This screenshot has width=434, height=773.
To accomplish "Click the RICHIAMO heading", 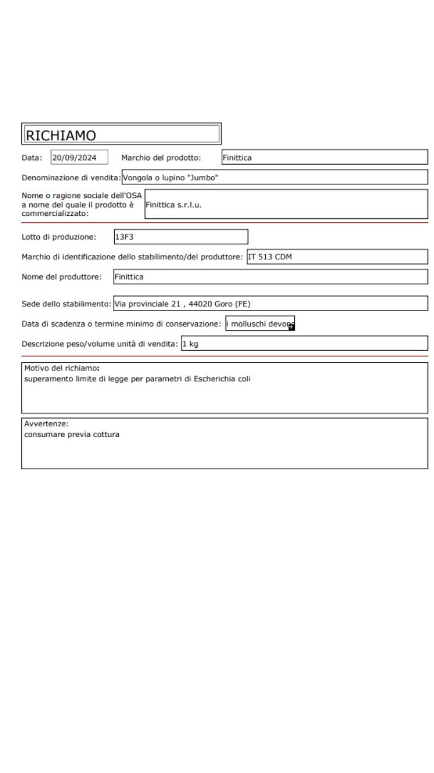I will tap(60, 136).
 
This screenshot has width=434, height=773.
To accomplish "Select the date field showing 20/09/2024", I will tap(79, 158).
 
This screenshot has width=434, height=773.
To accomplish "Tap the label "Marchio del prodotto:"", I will tap(161, 158).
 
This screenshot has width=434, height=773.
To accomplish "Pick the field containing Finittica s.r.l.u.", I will tap(286, 204).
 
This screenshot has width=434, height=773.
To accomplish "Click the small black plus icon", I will tap(291, 325).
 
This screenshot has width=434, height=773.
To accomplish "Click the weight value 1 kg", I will tap(191, 344).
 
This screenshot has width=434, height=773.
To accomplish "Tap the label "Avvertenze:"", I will tap(46, 423).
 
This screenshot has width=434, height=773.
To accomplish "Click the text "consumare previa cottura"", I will tap(71, 434).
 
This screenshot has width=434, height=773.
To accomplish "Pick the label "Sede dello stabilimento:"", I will tap(67, 303).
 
